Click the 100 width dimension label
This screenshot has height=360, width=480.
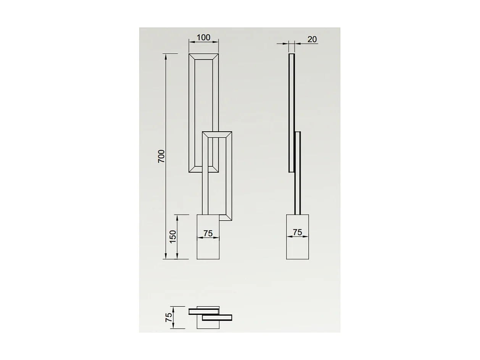tap(203, 37)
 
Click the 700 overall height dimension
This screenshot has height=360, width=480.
tap(162, 156)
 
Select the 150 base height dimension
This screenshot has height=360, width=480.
tap(172, 237)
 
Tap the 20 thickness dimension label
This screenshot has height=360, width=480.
tap(312, 39)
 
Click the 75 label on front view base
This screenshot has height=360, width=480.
tap(208, 233)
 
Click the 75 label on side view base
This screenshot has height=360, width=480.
tap(297, 232)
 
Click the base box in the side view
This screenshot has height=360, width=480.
tap(297, 248)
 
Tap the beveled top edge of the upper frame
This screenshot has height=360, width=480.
tap(204, 57)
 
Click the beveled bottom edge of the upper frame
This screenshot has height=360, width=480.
tap(204, 170)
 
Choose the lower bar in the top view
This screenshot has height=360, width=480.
tap(217, 317)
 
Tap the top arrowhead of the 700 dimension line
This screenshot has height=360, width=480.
tap(166, 56)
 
